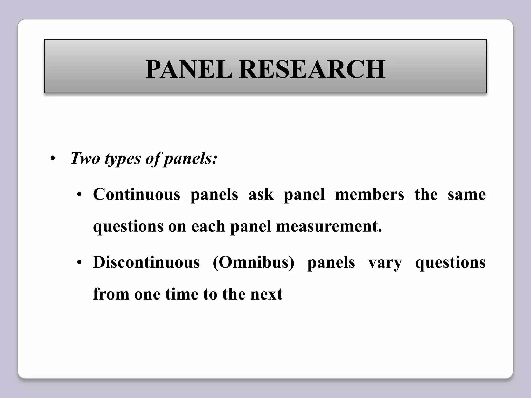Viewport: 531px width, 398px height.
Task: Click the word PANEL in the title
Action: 189,69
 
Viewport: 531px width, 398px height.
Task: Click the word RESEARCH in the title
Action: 312,69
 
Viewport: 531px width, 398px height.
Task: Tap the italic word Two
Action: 85,158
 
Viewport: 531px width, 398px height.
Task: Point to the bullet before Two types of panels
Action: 53,158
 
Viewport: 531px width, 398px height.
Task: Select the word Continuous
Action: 136,194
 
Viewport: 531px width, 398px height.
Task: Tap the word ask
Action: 261,194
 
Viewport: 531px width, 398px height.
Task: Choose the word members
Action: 369,194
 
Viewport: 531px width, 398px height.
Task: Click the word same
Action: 466,194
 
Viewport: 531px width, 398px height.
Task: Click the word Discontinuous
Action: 146,262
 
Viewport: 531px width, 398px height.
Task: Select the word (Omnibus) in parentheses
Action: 253,262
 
